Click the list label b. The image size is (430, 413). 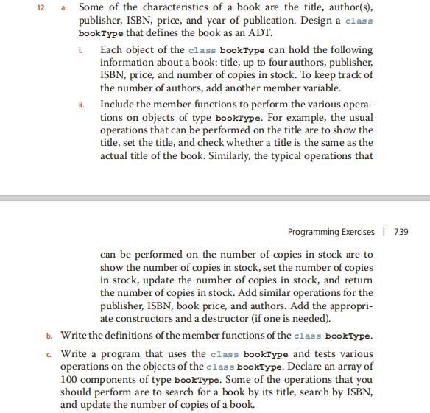click(49, 336)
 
